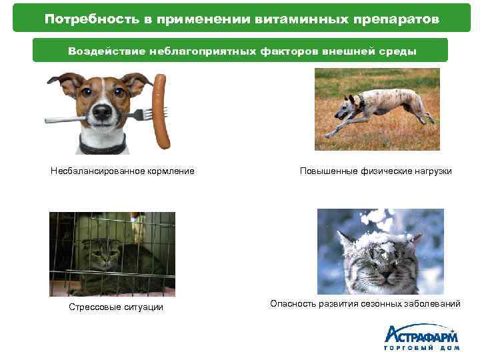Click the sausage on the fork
coord(161,110)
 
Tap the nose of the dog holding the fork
coord(102,111)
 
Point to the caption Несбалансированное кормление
coord(123,171)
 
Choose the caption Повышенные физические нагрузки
coord(376,171)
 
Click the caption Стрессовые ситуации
coord(116,307)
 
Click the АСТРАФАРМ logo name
coord(420,333)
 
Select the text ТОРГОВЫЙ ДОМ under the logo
coord(420,349)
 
